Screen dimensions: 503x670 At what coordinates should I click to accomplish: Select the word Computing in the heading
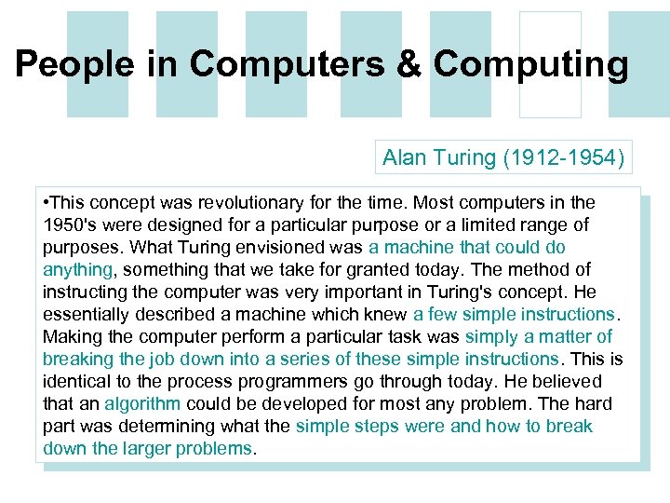530,64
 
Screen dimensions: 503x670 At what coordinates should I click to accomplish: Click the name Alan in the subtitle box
405,157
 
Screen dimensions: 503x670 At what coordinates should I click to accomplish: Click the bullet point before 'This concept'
47,202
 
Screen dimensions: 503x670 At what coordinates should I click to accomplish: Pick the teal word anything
77,269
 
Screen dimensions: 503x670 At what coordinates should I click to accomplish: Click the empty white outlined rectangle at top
550,64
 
